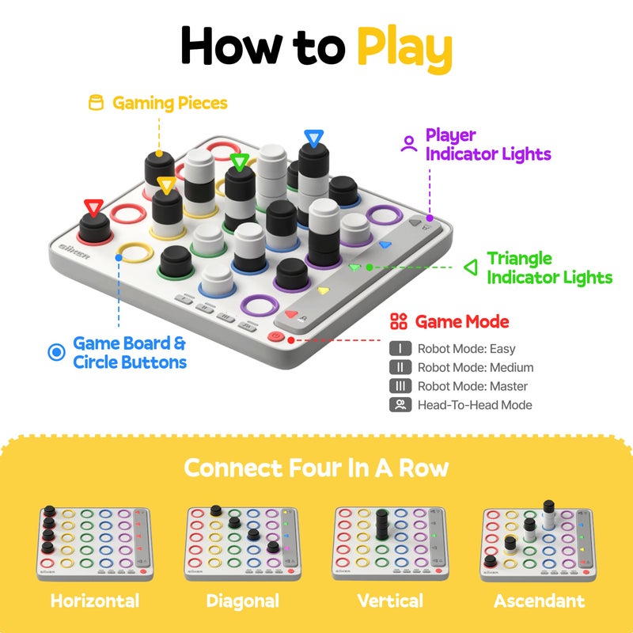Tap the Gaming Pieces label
tap(169, 103)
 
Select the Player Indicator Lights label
tap(487, 144)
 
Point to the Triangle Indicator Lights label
tap(549, 267)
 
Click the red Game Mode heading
tap(462, 321)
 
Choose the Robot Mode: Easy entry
tap(466, 348)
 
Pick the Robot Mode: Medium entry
tap(475, 367)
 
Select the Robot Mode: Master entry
tap(472, 386)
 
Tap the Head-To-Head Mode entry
tap(474, 405)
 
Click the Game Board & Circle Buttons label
tap(130, 353)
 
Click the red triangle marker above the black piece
tap(93, 208)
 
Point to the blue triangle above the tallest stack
tap(313, 139)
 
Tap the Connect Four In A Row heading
tap(316, 468)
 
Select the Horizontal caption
tap(95, 601)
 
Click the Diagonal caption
tap(243, 601)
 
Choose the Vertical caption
tap(390, 601)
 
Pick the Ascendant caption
tap(539, 601)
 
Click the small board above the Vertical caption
tap(391, 543)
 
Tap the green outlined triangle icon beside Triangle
tap(471, 267)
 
